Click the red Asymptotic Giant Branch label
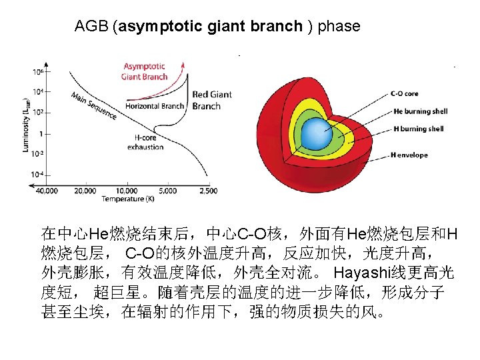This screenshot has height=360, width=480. point(144,72)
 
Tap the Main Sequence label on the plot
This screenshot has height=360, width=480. point(93,105)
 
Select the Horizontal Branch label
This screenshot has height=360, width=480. point(155,106)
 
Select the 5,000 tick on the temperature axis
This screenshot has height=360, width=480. point(167,191)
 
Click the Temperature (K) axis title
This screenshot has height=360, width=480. point(129,199)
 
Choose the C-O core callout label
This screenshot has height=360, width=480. point(405,94)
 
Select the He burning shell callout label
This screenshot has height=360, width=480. point(421,111)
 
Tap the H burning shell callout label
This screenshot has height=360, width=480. point(419,129)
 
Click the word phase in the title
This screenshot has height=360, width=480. point(339,27)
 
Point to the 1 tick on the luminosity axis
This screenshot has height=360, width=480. point(41,133)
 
